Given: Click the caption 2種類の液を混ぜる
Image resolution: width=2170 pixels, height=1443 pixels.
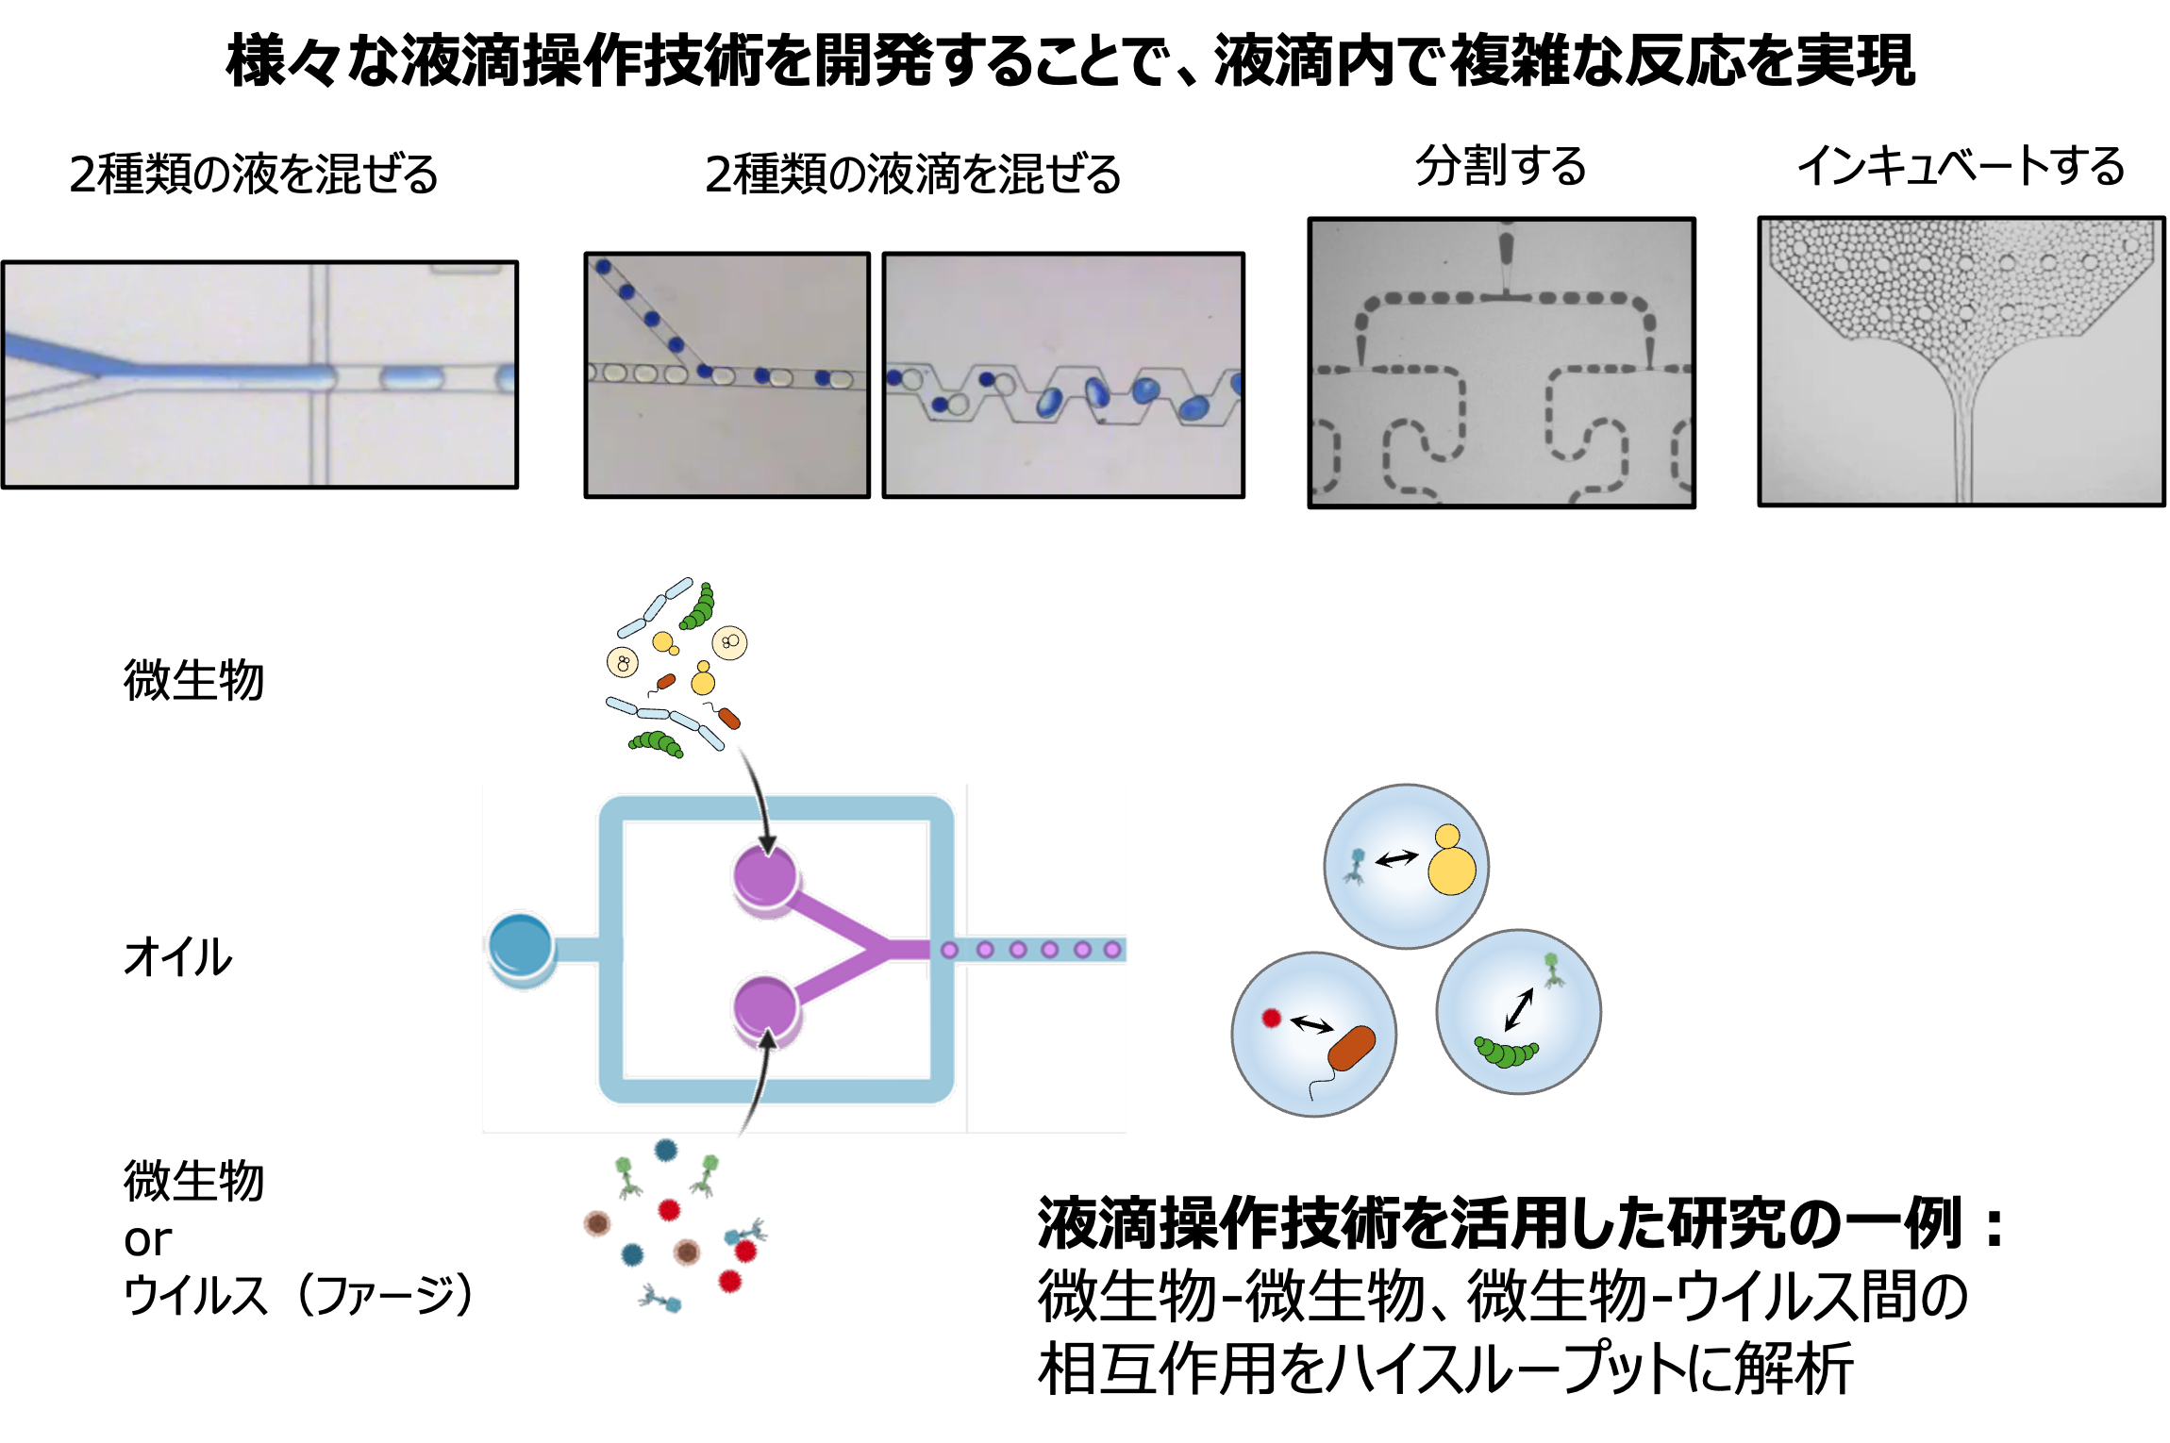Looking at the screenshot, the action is (x=253, y=174).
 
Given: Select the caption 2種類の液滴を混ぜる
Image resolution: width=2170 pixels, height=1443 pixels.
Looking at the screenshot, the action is (x=912, y=174).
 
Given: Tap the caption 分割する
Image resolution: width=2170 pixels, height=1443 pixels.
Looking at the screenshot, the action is (x=1501, y=166).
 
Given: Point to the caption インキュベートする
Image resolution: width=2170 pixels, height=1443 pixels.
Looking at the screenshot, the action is (x=1961, y=166).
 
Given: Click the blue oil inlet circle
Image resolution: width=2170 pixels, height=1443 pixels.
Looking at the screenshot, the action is (x=521, y=945).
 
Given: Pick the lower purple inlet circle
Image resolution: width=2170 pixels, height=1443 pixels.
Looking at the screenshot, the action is (x=766, y=1007).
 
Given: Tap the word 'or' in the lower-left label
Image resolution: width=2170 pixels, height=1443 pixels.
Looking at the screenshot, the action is (x=147, y=1239).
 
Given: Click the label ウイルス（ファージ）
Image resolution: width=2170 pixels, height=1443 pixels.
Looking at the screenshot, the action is (x=298, y=1294).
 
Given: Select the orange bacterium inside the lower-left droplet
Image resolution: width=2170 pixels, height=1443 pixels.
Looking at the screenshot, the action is (x=1351, y=1048).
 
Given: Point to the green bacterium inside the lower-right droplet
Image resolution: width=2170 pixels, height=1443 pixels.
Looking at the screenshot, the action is (x=1506, y=1051).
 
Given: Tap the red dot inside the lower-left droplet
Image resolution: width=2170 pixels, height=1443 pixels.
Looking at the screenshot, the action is (x=1271, y=1019).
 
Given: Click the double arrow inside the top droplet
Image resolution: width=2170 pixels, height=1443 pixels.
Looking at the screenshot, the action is (x=1396, y=858).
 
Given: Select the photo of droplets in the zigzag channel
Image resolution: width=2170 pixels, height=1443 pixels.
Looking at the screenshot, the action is (x=1063, y=374).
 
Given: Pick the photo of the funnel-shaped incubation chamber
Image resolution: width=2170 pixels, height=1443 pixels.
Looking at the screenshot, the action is (x=1961, y=361).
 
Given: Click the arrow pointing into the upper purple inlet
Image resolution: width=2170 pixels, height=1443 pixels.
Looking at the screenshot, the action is (x=759, y=802).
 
